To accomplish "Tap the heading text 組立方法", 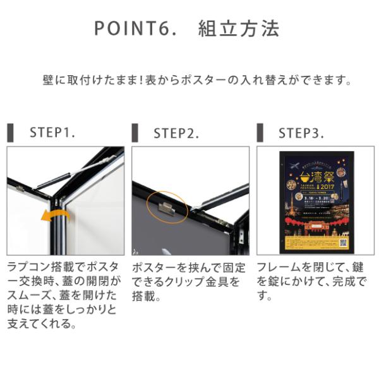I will click(238, 29).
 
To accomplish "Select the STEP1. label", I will click(52, 133).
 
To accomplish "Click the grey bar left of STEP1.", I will click(10, 133).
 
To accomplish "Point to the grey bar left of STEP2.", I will click(135, 133).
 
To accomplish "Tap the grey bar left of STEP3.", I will click(259, 133).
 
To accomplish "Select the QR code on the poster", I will click(343, 242).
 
